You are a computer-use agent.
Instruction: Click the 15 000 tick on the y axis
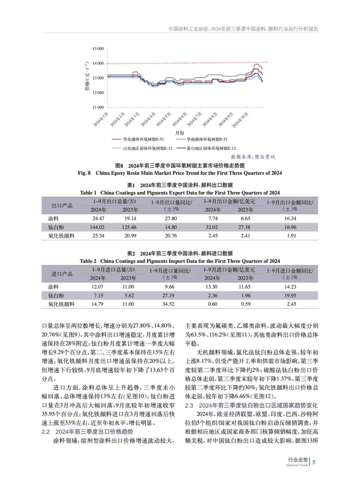[98, 49]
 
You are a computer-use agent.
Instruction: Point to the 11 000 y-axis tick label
[98, 107]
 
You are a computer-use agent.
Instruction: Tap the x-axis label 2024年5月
[164, 119]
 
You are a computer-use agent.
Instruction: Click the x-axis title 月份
[180, 133]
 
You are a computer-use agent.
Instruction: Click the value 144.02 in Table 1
[97, 227]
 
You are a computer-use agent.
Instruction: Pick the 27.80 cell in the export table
[171, 219]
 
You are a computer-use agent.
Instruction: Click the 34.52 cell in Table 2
[168, 304]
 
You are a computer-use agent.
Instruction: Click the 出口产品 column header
[62, 206]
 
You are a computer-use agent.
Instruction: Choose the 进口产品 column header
[62, 274]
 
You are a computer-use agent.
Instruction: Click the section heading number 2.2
[45, 432]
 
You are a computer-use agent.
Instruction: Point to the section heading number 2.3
[189, 406]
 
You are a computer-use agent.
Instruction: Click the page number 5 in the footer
[314, 462]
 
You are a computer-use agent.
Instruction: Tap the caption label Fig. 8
[84, 173]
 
